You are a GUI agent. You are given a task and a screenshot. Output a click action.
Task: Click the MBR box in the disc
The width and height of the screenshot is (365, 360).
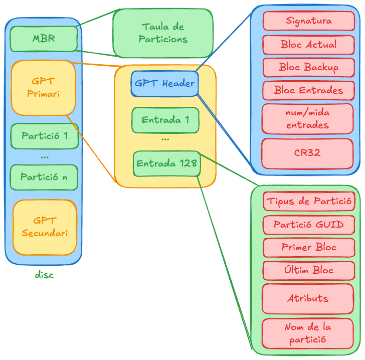pyautogui.click(x=44, y=39)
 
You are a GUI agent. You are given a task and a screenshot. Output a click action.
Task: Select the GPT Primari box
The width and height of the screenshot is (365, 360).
pyautogui.click(x=43, y=87)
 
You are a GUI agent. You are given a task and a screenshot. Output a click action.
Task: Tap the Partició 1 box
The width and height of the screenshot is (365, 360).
pyautogui.click(x=45, y=136)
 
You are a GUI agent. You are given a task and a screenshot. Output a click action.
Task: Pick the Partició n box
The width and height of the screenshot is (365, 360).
pyautogui.click(x=44, y=177)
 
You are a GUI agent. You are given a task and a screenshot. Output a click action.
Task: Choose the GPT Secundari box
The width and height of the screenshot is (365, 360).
pyautogui.click(x=45, y=227)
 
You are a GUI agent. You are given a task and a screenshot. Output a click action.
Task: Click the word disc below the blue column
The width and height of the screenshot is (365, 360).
pyautogui.click(x=44, y=275)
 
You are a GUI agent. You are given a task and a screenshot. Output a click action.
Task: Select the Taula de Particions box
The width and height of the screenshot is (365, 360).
pyautogui.click(x=162, y=33)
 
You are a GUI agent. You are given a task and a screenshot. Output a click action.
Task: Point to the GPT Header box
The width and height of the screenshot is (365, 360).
pyautogui.click(x=164, y=84)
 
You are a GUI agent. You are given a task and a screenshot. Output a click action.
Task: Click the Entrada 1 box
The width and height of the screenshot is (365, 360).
pyautogui.click(x=165, y=120)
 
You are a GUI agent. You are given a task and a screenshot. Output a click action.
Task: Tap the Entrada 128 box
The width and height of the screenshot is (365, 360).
pyautogui.click(x=167, y=163)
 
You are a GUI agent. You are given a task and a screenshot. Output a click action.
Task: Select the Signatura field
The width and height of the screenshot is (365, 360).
pyautogui.click(x=308, y=21)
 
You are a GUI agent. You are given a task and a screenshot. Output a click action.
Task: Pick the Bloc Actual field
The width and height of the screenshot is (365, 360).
pyautogui.click(x=308, y=45)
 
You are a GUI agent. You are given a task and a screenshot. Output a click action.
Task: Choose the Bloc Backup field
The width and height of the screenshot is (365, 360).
pyautogui.click(x=308, y=67)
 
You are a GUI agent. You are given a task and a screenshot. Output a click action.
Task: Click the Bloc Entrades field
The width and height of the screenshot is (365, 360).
pyautogui.click(x=308, y=91)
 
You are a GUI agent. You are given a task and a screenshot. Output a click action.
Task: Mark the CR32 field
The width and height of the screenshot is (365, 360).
pyautogui.click(x=307, y=153)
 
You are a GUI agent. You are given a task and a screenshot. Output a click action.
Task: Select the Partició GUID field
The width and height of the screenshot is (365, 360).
pyautogui.click(x=308, y=225)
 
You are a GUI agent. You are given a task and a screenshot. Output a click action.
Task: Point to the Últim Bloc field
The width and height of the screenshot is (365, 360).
pyautogui.click(x=308, y=270)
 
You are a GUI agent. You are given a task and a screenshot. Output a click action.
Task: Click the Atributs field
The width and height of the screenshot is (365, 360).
pyautogui.click(x=308, y=298)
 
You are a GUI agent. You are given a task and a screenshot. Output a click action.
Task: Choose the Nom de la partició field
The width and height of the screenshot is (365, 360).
pyautogui.click(x=308, y=333)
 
